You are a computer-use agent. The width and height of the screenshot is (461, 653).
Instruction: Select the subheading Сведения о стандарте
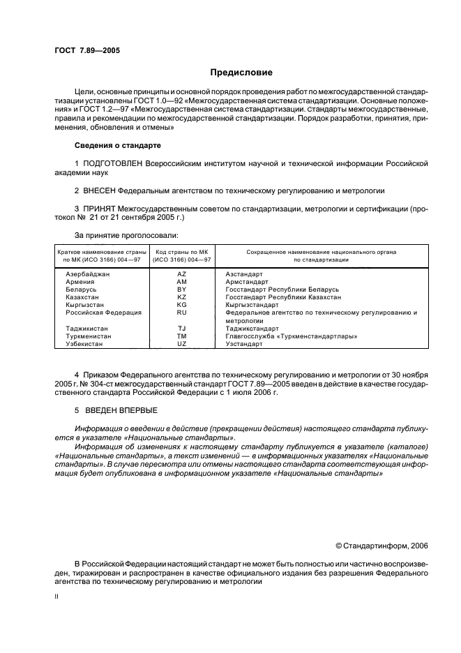pyautogui.click(x=117, y=145)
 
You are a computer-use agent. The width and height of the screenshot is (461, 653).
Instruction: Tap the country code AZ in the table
pyautogui.click(x=182, y=274)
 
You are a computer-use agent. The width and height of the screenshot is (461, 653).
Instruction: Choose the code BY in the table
pyautogui.click(x=182, y=289)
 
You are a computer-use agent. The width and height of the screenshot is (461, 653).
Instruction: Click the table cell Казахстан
pyautogui.click(x=84, y=297)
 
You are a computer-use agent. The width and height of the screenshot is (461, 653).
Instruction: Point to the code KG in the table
pyautogui.click(x=182, y=305)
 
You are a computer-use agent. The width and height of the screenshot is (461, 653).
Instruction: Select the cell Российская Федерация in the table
pyautogui.click(x=103, y=313)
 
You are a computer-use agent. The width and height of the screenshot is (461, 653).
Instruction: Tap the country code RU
pyautogui.click(x=182, y=313)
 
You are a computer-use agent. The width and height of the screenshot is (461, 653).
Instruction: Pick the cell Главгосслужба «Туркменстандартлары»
pyautogui.click(x=292, y=336)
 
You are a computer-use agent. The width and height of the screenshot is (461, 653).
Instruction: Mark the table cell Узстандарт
pyautogui.click(x=244, y=343)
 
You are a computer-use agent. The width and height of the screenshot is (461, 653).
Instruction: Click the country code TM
pyautogui.click(x=182, y=336)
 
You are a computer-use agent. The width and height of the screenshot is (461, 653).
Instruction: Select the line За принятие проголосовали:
pyautogui.click(x=126, y=236)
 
